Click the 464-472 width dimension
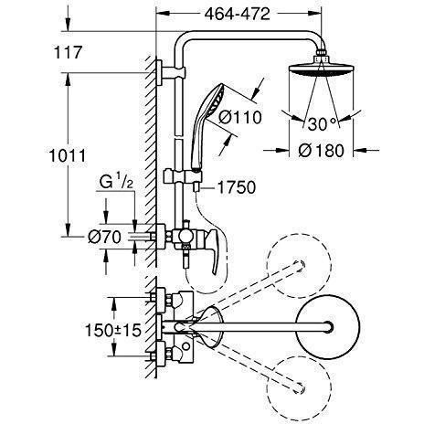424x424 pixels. (237, 14)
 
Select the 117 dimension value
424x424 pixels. (68, 52)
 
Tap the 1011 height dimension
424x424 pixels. (68, 156)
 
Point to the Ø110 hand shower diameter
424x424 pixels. (240, 117)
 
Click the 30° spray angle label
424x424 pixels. (322, 123)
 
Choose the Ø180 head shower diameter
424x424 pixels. (321, 151)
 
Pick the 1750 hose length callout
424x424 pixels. (237, 187)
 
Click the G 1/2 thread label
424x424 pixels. (116, 182)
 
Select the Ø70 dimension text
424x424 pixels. (104, 237)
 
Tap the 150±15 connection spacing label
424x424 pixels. (113, 330)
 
